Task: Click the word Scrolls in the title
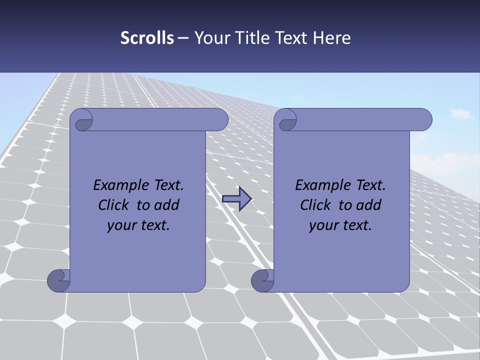(x=147, y=38)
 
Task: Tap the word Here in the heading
(x=332, y=38)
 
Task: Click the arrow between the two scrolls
(x=236, y=198)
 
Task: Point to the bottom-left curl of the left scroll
(x=58, y=280)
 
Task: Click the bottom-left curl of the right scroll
(x=262, y=280)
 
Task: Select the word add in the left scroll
(x=167, y=205)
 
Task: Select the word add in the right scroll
(x=369, y=205)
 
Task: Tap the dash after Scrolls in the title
(x=183, y=38)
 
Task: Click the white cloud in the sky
(x=460, y=114)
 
